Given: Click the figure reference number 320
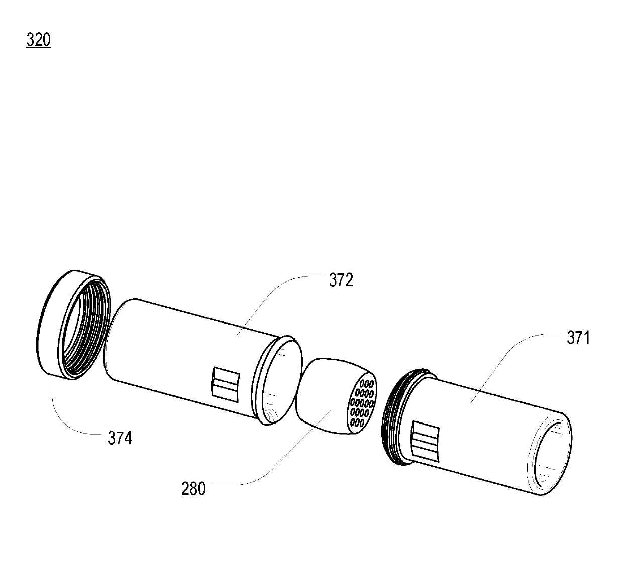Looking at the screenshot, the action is click(39, 40).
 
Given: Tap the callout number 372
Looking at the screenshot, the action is click(341, 280).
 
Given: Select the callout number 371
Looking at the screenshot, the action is click(578, 338).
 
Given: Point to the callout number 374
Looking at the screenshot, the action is click(120, 438).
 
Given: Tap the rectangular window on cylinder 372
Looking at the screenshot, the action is click(225, 385).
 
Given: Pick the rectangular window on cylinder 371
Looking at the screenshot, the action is click(425, 442).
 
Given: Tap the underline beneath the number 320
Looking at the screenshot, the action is click(39, 48).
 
